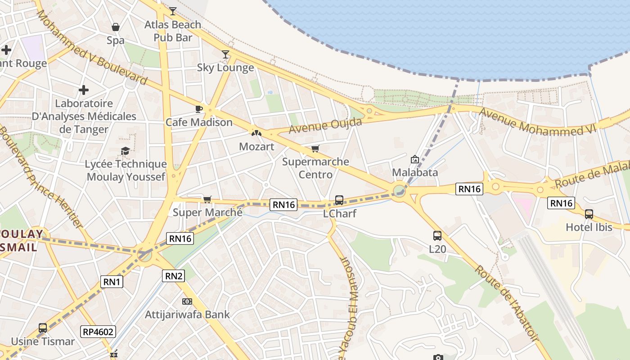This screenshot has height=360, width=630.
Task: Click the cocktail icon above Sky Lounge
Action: [225, 54]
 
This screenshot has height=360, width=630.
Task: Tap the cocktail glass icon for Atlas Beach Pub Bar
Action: [172, 11]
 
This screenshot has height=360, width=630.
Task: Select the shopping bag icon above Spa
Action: [116, 27]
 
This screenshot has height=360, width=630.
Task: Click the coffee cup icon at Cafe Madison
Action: [198, 109]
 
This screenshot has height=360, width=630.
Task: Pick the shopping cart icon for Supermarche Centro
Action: [315, 148]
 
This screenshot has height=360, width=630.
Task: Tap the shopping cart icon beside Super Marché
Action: [207, 199]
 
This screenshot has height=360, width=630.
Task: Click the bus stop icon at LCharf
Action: [339, 200]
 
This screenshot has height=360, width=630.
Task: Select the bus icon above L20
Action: [437, 235]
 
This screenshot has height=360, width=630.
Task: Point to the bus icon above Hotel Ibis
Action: [589, 214]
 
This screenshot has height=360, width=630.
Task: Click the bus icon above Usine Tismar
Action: [43, 328]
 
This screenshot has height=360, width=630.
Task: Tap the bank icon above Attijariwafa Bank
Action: [187, 301]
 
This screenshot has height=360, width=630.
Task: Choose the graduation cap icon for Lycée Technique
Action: [126, 151]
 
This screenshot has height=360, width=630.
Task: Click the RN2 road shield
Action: [173, 276]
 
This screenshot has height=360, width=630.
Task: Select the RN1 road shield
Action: [112, 282]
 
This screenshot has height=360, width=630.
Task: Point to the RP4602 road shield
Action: [99, 332]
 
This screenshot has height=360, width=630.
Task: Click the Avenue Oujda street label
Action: [325, 125]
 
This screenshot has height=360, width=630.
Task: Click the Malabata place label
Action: [415, 172]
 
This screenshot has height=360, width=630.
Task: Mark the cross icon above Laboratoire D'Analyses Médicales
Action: [84, 90]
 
